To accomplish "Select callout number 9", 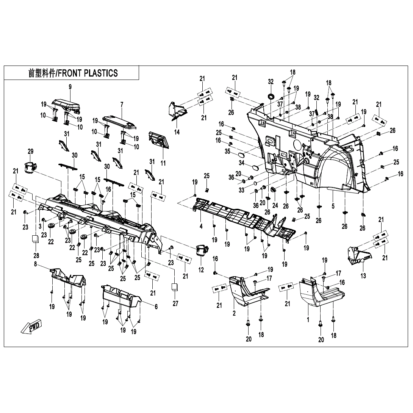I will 70,88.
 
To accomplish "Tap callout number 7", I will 122,104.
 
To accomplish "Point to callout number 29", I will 31,152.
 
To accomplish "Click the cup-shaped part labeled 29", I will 30,167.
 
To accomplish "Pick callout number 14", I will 177,132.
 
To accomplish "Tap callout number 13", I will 363,276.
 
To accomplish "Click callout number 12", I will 201,270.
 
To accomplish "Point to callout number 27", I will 175,303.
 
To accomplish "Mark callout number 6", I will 156,307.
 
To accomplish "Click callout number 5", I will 333,206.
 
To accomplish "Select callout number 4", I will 201,226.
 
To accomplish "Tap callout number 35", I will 227,151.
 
